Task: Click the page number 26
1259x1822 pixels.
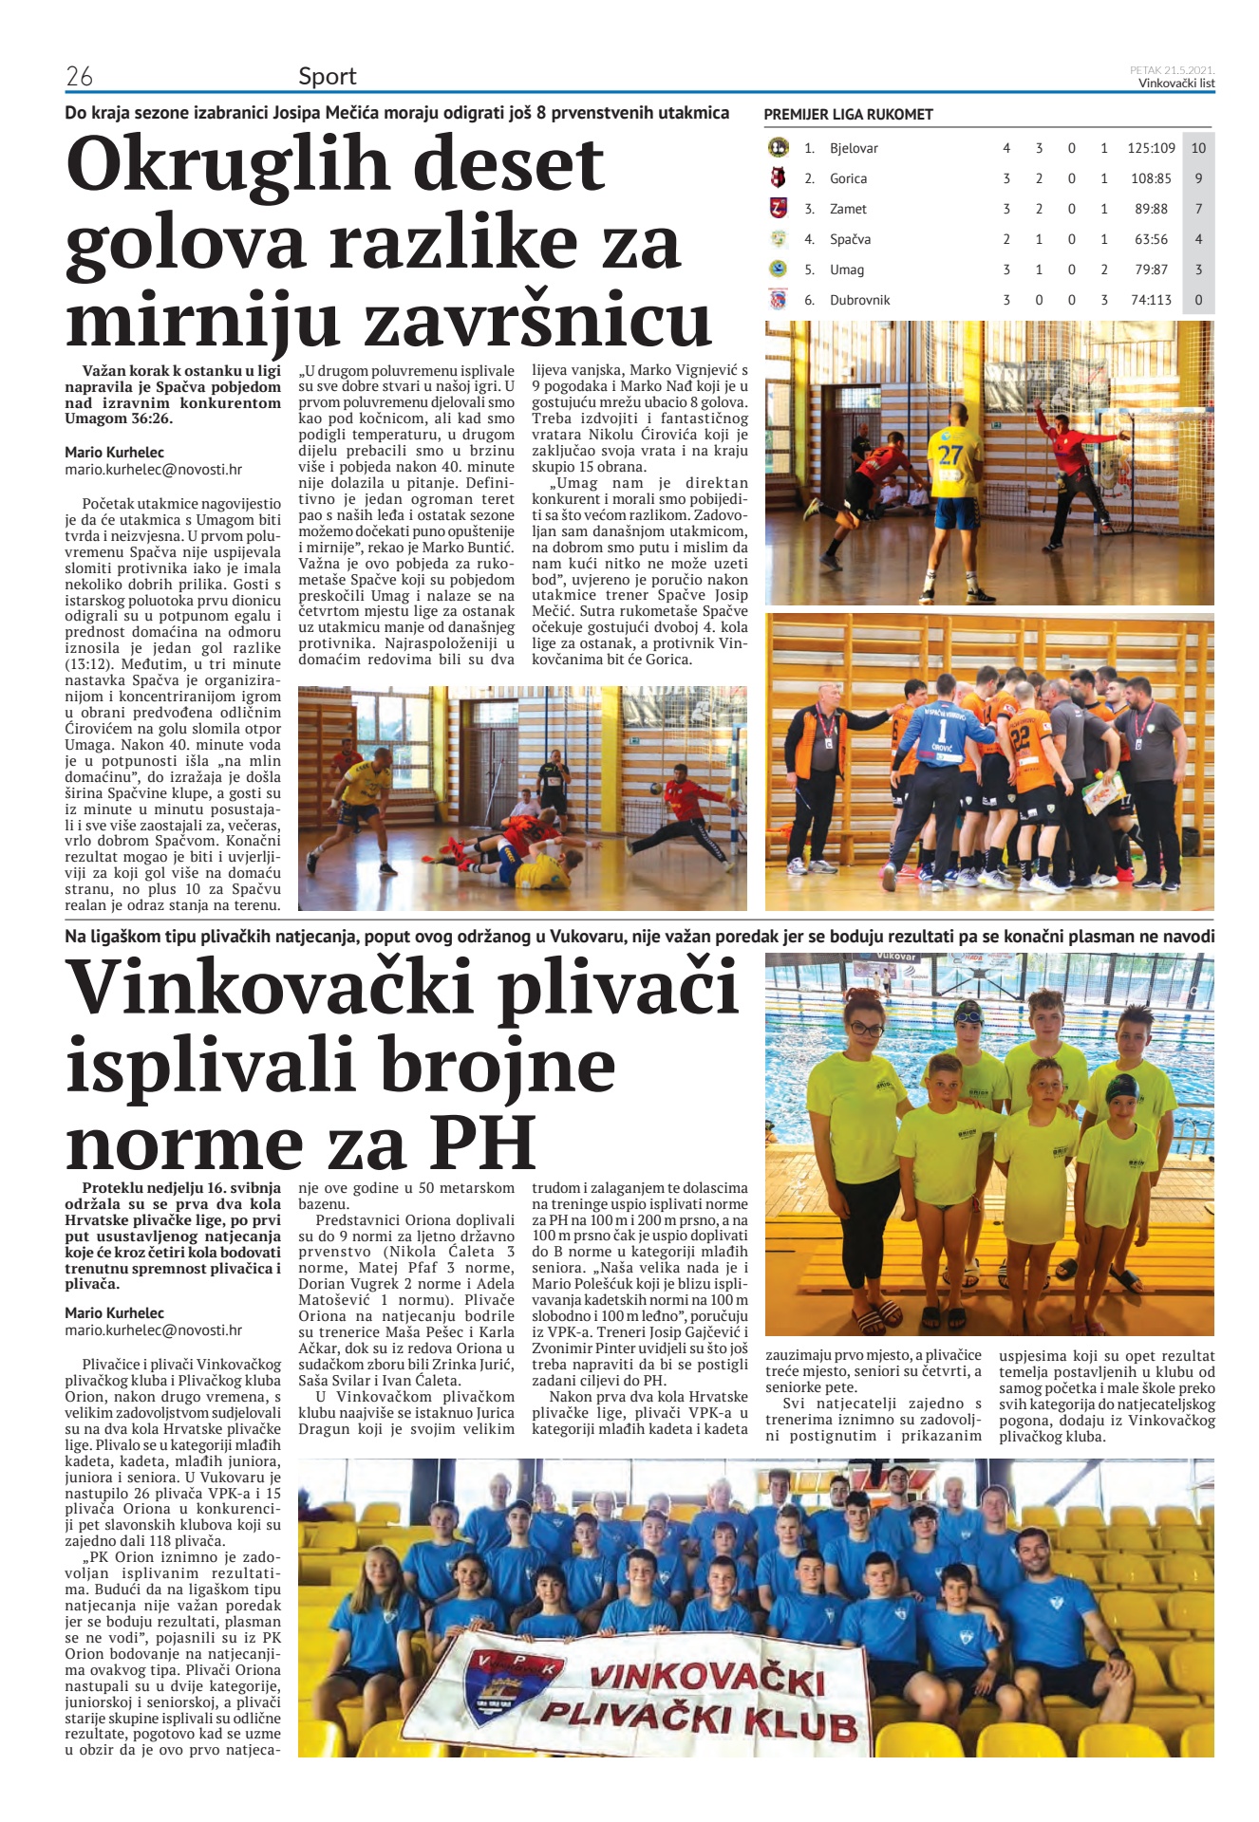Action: tap(79, 76)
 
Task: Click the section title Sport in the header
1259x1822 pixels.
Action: tap(327, 76)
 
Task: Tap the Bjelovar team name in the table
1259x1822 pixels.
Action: tap(854, 148)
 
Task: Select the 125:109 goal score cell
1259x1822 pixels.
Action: tap(1151, 148)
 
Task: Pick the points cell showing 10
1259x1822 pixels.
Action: tap(1198, 148)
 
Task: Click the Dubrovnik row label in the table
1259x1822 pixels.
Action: tap(859, 300)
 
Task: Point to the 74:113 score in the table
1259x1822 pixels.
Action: tap(1151, 300)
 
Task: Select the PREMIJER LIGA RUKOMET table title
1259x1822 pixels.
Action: tap(848, 115)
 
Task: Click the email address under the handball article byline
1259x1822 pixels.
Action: tap(153, 469)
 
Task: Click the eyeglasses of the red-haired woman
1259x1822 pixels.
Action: tap(865, 1029)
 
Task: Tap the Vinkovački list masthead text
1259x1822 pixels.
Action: tap(1176, 84)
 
